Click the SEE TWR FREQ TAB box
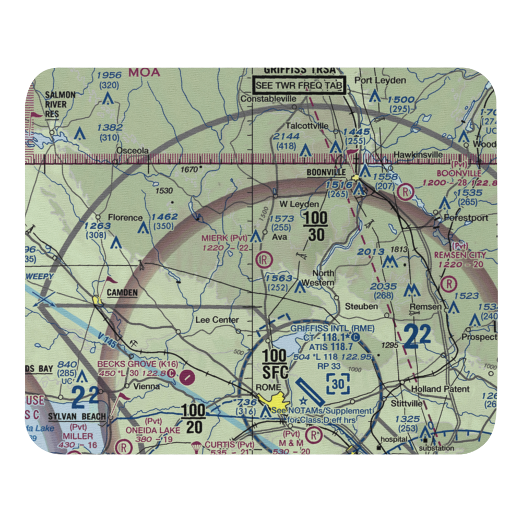click(x=300, y=85)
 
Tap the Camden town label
click(x=122, y=293)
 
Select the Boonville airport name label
click(x=326, y=172)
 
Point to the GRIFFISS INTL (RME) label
click(x=325, y=328)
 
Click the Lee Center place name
click(x=217, y=320)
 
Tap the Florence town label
click(x=125, y=218)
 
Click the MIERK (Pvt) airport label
click(x=224, y=238)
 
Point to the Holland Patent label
click(x=440, y=389)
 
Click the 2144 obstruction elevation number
click(x=286, y=137)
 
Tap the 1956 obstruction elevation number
click(x=109, y=75)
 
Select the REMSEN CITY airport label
click(x=460, y=255)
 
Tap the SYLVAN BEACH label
click(x=77, y=417)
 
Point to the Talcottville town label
click(x=306, y=126)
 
